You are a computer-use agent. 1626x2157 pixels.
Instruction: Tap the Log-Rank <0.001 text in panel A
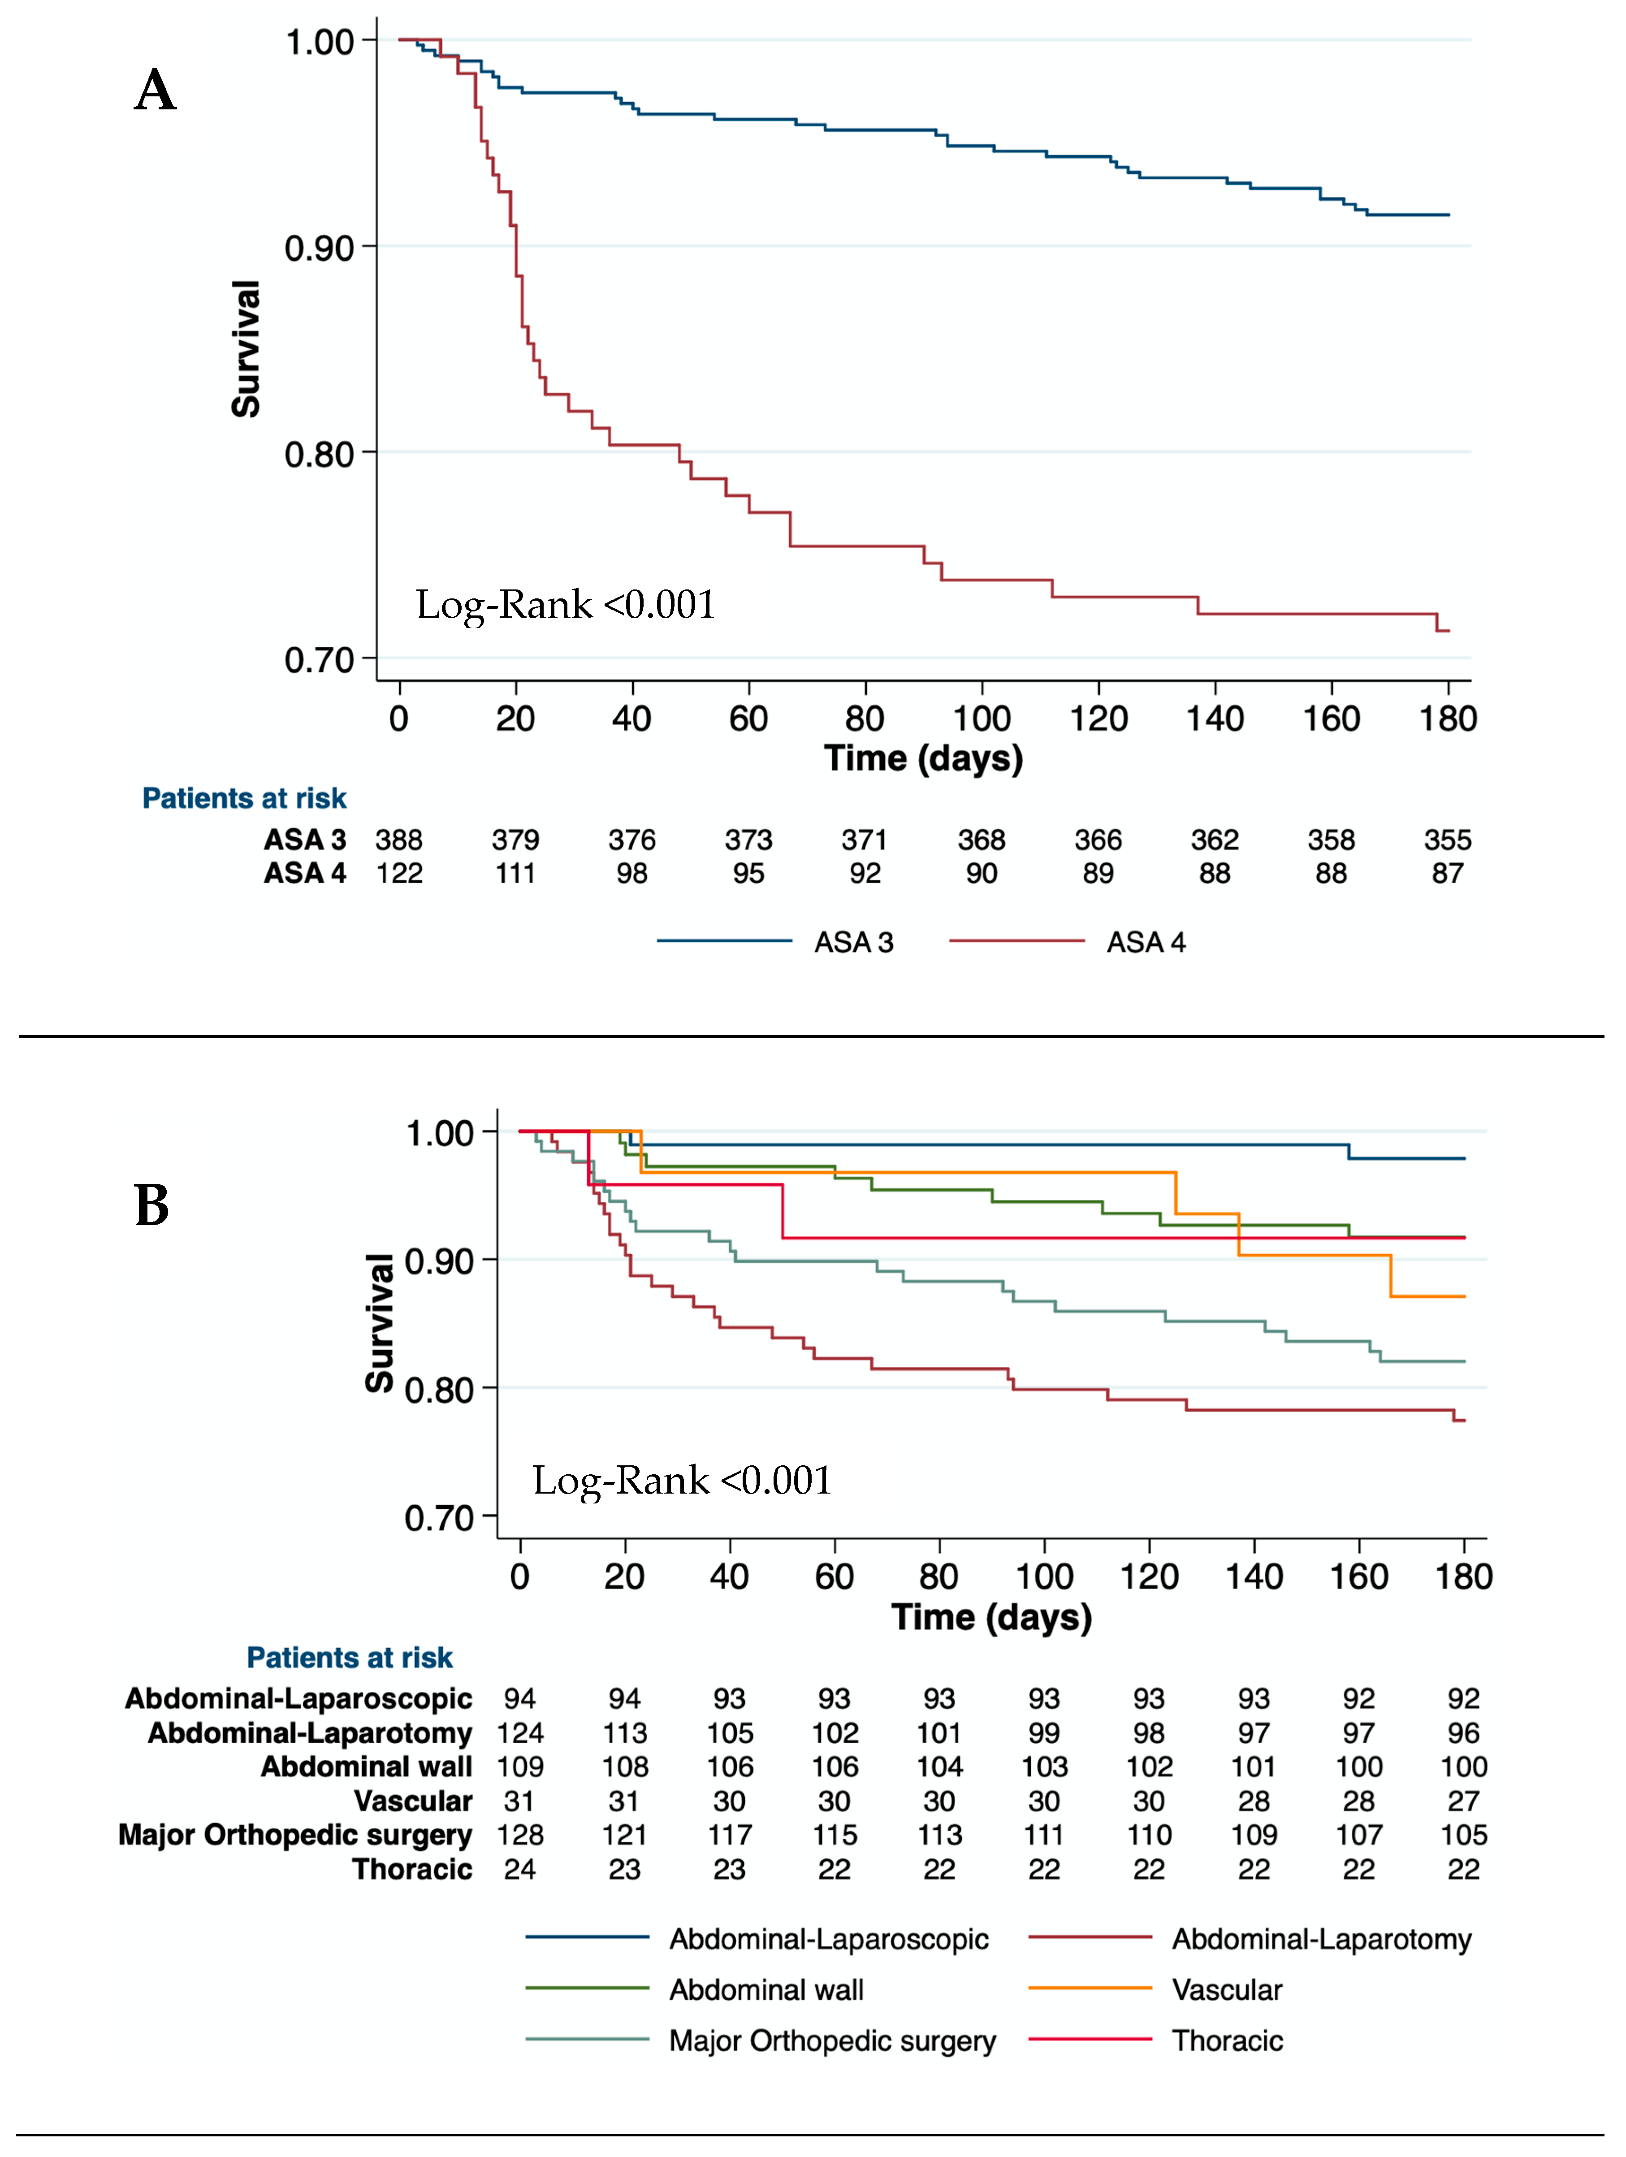click(x=566, y=605)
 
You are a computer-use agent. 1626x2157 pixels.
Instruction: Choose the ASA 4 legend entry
click(x=1146, y=942)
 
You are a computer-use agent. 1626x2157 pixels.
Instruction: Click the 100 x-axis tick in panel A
click(x=982, y=719)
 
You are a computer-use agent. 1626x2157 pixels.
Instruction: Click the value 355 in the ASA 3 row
click(x=1448, y=840)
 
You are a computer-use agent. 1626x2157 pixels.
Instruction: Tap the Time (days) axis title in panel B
click(x=991, y=1617)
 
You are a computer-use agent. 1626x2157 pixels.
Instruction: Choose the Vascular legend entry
click(x=1226, y=1989)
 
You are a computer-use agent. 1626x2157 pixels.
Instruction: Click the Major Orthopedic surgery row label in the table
click(x=295, y=1834)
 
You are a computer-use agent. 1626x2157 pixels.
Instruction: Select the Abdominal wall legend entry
click(x=766, y=1989)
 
